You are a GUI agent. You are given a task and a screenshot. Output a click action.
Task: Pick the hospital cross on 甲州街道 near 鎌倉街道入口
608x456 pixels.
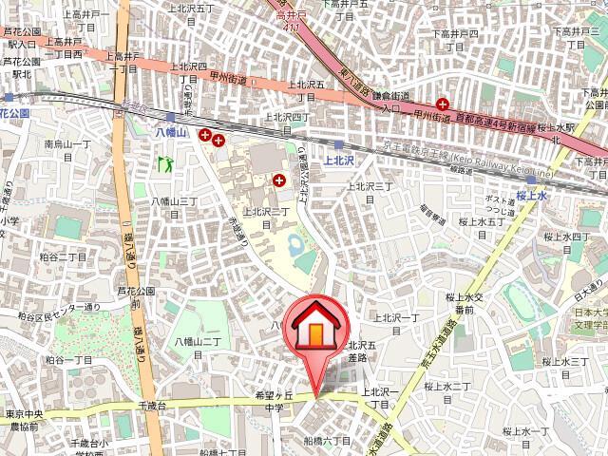pyautogui.click(x=443, y=104)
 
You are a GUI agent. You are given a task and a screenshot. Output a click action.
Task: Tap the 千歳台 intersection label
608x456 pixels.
pyautogui.click(x=153, y=406)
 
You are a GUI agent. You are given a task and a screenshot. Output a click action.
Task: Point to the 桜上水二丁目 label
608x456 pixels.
pyautogui.click(x=447, y=385)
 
